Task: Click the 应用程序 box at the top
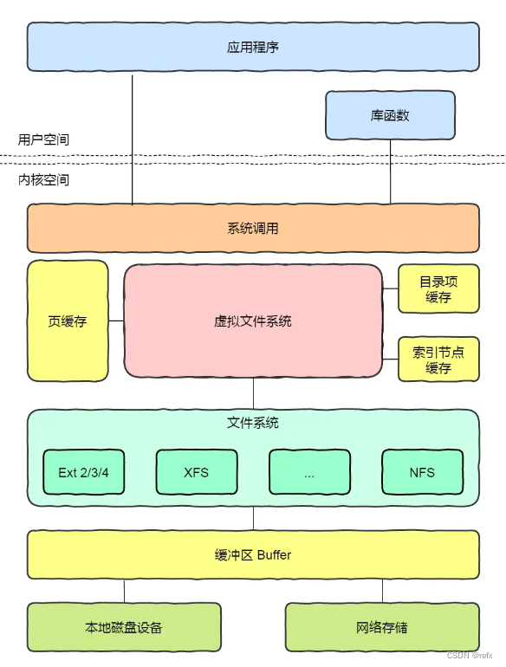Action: tap(253, 47)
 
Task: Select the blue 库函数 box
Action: tap(390, 115)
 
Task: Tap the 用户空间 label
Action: tap(43, 139)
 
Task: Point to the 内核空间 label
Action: tap(43, 180)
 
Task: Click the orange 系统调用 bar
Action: tap(253, 229)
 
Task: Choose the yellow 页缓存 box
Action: tap(68, 321)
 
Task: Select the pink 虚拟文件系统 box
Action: tap(253, 321)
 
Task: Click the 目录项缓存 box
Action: tap(438, 289)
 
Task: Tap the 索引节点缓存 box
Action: tap(438, 359)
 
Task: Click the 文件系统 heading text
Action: tap(253, 424)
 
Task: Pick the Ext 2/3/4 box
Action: tap(84, 472)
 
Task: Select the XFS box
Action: tap(197, 472)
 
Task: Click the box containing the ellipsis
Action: tap(309, 472)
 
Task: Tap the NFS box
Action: tap(422, 472)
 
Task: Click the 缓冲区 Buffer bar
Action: tap(253, 554)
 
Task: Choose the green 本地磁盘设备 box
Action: tap(124, 627)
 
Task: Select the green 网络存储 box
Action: tap(382, 627)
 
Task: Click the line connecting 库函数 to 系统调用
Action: tap(390, 172)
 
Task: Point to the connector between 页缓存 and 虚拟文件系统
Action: tap(116, 321)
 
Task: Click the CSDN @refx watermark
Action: tap(470, 656)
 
